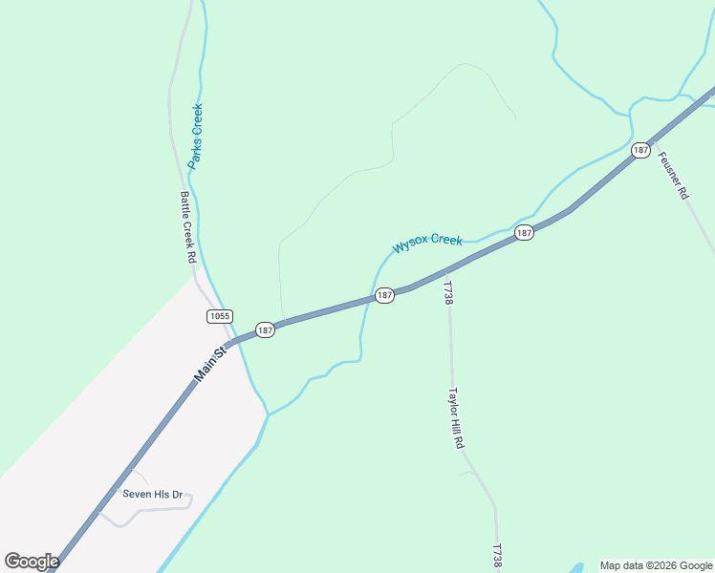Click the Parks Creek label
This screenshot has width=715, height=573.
coord(196,137)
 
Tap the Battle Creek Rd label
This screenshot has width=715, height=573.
coord(187,227)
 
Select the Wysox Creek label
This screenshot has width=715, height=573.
coord(427,244)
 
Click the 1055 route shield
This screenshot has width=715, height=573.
coord(219,315)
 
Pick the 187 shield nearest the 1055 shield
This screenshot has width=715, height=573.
coord(265,329)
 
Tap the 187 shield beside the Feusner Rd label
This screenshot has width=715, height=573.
coord(640,150)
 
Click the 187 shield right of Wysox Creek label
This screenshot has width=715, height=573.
coord(524,233)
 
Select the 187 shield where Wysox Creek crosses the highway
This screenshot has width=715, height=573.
coord(384,295)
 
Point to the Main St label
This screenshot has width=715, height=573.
coord(209,365)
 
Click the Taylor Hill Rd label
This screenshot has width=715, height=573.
coord(457,418)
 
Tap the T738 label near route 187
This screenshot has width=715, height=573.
coord(446,291)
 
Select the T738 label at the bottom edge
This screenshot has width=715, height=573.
coord(497,558)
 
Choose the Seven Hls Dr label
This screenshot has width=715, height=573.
coord(152,495)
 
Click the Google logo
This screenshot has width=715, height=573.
coord(32,562)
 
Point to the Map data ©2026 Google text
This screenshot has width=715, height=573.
coord(657,565)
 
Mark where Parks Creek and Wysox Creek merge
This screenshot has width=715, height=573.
coord(269,414)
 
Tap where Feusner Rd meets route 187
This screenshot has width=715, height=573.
coord(652,140)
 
